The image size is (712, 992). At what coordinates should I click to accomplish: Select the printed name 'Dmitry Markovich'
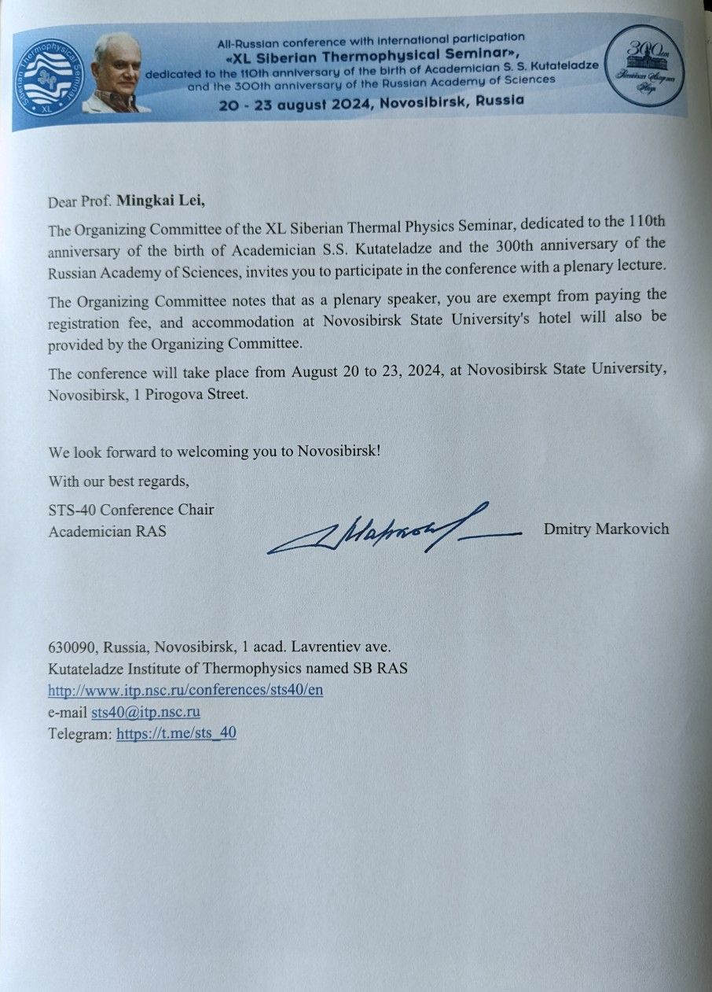click(x=606, y=529)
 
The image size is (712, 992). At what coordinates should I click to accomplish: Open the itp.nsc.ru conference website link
click(x=185, y=689)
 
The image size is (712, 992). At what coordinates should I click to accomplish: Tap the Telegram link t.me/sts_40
click(x=176, y=733)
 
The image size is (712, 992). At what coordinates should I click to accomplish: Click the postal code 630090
click(x=72, y=647)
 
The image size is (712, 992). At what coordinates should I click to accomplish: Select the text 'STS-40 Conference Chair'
click(x=131, y=510)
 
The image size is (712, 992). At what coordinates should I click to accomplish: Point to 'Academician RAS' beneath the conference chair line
click(x=107, y=531)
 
